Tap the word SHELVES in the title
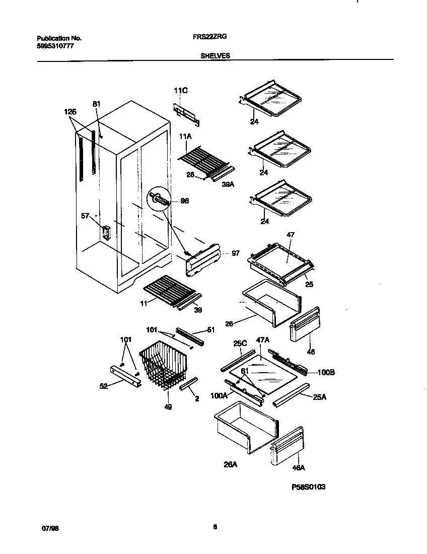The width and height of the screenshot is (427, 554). coord(215,56)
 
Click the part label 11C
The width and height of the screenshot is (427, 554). coord(180,91)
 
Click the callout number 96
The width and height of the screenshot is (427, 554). coord(184,200)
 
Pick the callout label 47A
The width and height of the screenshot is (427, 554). coord(263,341)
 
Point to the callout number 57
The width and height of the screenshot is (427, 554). coord(85,216)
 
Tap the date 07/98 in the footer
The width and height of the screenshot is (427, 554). coord(48,528)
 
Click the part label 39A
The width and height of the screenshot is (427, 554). coord(228,184)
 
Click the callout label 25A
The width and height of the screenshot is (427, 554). coord(319,397)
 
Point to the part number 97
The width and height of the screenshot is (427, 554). coord(236,253)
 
